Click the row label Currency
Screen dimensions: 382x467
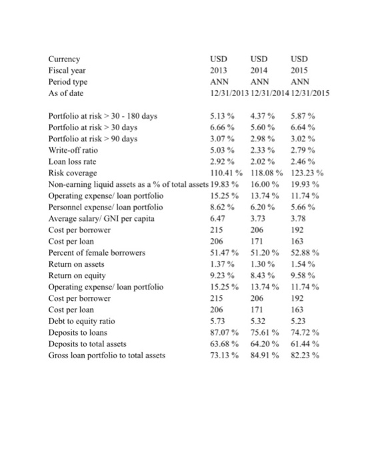click(x=65, y=59)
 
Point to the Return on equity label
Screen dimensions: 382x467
click(x=77, y=276)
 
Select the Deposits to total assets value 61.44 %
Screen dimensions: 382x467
click(x=305, y=344)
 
